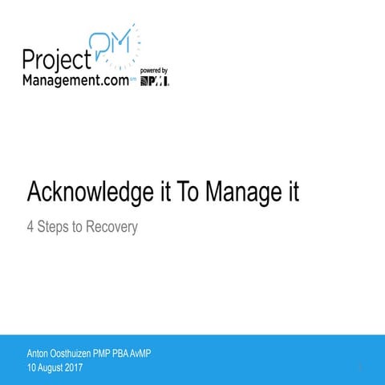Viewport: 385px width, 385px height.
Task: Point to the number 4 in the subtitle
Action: pos(30,227)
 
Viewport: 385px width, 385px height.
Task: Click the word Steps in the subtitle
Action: pos(55,227)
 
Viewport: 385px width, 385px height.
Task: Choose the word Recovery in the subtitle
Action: pos(111,227)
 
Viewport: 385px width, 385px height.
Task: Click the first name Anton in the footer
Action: pos(38,353)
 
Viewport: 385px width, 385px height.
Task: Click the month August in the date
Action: pos(55,367)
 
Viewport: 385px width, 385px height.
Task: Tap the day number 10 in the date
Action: pos(32,367)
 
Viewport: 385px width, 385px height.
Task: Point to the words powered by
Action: pos(154,71)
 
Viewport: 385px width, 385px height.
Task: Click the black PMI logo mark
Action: pos(155,81)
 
